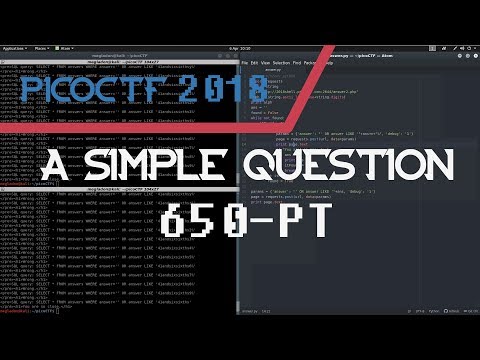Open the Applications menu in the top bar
(x=13, y=48)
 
